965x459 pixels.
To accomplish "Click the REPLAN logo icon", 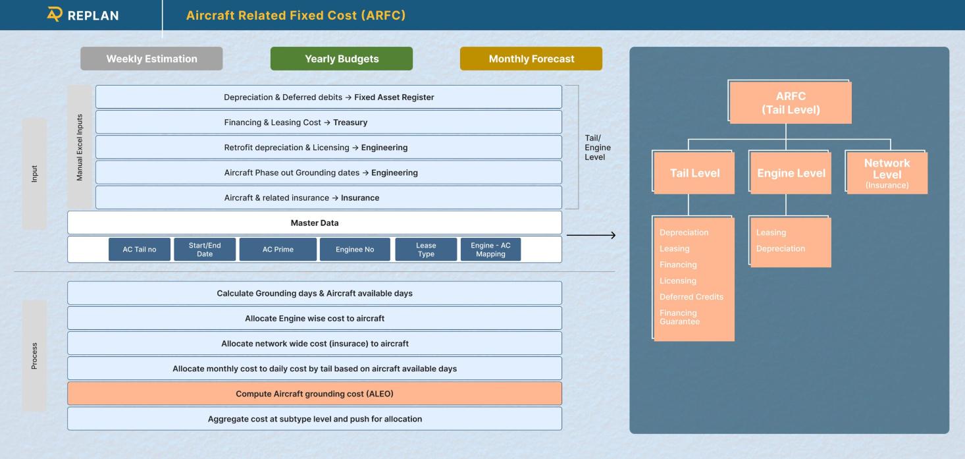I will point(54,14).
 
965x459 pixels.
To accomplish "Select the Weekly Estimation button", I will point(151,59).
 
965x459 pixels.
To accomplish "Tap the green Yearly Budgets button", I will point(342,59).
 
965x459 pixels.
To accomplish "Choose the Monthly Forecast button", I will point(531,59).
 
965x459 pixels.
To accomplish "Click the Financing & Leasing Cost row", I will point(328,122).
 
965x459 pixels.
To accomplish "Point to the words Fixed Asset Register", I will point(394,97).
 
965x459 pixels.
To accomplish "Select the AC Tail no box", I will point(140,250).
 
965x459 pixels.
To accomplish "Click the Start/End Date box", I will point(205,250).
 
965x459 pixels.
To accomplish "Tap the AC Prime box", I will point(277,250).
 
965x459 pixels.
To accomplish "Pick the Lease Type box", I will point(426,250).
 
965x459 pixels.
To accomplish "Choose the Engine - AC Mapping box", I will point(490,250).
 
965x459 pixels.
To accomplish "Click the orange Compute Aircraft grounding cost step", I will point(315,394).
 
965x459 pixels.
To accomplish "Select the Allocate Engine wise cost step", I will point(315,318).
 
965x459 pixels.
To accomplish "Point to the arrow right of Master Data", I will point(590,235).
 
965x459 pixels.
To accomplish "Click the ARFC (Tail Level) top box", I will point(791,103).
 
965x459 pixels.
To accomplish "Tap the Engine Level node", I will point(791,173).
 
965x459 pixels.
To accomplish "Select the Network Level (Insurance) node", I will point(887,173).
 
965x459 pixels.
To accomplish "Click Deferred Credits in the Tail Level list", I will point(691,297).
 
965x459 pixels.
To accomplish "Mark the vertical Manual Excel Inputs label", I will point(80,148).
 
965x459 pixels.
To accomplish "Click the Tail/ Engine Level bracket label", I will point(597,148).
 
